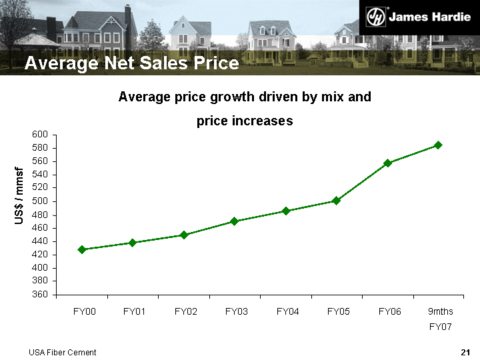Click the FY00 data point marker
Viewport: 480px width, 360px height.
point(82,249)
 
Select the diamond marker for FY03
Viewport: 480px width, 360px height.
point(235,221)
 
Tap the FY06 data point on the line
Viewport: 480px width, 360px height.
point(387,163)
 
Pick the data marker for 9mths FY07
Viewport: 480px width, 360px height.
point(438,145)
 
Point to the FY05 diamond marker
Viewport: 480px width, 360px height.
point(337,201)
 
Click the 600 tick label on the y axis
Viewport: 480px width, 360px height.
point(40,135)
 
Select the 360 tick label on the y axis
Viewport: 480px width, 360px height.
point(40,295)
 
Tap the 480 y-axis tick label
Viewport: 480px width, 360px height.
point(40,215)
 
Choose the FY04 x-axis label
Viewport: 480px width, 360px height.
point(287,311)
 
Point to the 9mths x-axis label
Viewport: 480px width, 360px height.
point(440,311)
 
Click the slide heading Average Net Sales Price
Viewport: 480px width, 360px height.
point(131,63)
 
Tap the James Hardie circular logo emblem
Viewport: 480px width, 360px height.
point(377,17)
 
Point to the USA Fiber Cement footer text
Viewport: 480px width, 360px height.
point(62,352)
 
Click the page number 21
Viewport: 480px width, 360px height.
point(466,352)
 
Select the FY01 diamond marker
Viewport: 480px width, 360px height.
point(133,243)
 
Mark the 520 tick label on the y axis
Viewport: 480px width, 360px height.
point(40,188)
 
